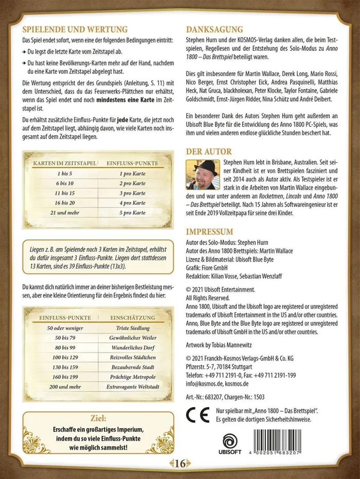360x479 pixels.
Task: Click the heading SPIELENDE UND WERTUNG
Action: coord(75,30)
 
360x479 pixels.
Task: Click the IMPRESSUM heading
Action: coord(210,231)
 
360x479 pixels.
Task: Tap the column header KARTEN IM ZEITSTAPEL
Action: coord(64,163)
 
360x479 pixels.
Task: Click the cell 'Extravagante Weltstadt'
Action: coord(133,386)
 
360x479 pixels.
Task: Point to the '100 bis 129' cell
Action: coord(64,357)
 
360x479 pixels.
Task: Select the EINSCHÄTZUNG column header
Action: coord(133,319)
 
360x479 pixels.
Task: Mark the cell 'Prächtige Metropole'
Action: coord(133,376)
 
